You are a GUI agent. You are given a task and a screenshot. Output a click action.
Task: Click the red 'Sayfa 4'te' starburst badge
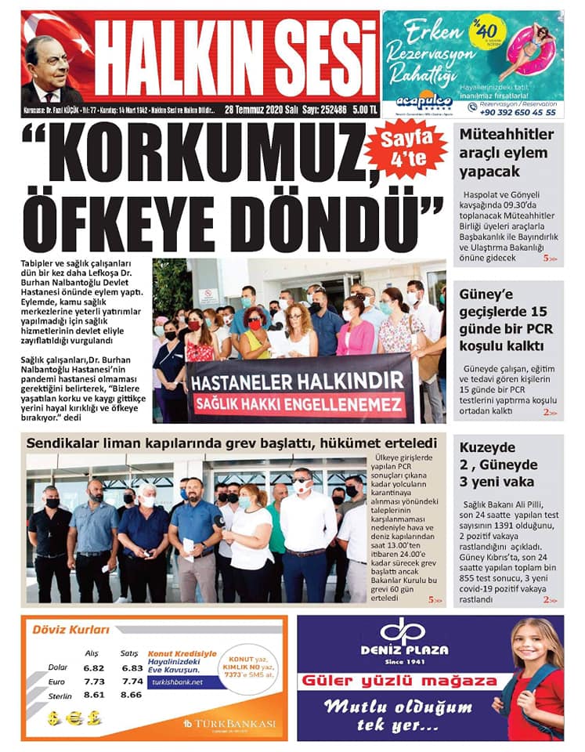tap(406, 149)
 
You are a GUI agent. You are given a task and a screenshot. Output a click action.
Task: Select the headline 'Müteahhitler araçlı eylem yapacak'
tap(506, 153)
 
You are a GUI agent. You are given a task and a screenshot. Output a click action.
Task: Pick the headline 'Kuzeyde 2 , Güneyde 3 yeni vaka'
tap(497, 465)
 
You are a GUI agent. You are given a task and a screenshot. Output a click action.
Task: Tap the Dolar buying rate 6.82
tap(93, 668)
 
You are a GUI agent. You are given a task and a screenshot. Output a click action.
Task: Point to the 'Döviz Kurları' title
tap(69, 628)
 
